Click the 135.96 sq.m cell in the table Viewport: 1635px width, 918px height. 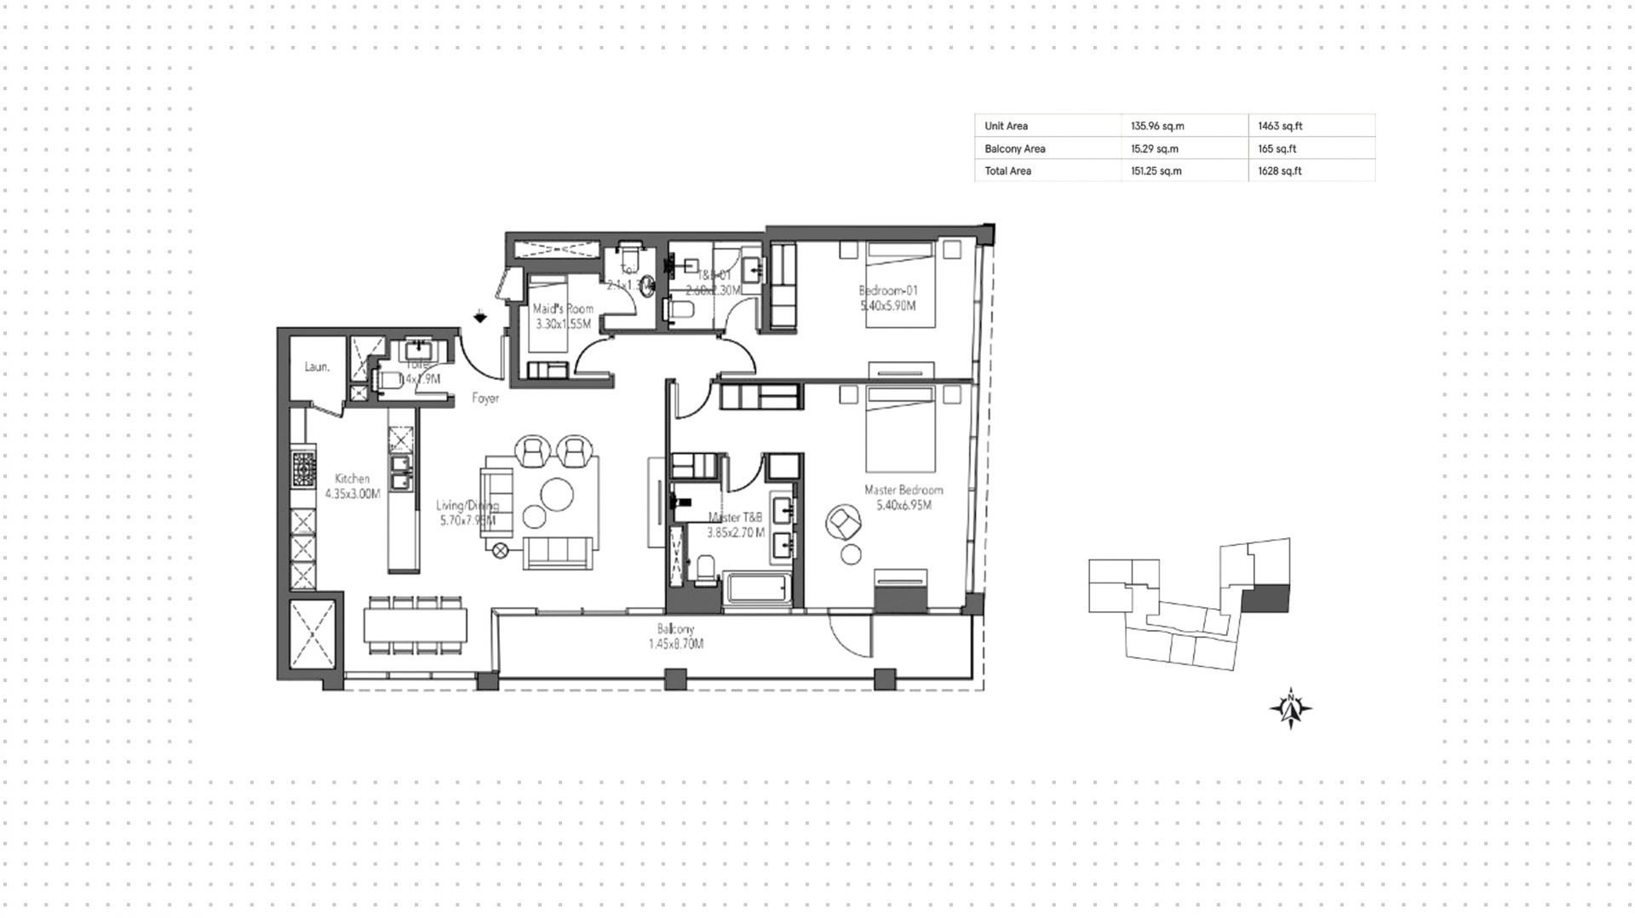tap(1157, 126)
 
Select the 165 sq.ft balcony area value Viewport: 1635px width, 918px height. tap(1277, 149)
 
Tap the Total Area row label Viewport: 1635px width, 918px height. tap(1007, 171)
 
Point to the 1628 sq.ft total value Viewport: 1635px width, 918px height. tap(1280, 171)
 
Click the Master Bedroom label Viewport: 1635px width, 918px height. tap(904, 491)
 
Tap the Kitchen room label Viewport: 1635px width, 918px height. tap(352, 479)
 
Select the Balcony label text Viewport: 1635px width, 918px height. tap(675, 629)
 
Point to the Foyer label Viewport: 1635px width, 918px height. tap(485, 399)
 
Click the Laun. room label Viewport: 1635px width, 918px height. tap(318, 367)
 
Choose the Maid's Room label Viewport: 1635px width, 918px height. tap(563, 309)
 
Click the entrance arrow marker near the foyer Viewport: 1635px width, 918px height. tap(481, 317)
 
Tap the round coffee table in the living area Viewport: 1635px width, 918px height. tap(559, 493)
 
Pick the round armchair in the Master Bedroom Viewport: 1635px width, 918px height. tap(844, 522)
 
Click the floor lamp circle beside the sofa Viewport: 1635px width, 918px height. tap(501, 551)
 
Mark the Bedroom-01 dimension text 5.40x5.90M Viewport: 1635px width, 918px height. tap(887, 306)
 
